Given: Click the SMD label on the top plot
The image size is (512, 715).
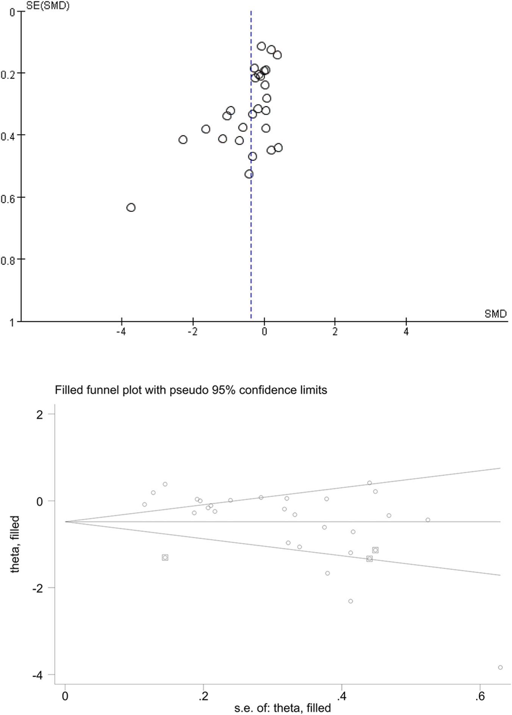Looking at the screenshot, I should coord(495,314).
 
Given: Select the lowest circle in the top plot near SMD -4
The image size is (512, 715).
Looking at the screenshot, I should coord(131,207).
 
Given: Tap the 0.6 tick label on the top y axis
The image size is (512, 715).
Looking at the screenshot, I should coord(8,198).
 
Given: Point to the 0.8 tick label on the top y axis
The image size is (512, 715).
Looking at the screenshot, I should coord(8,260).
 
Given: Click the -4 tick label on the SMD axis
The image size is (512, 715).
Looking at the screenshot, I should coord(121,332).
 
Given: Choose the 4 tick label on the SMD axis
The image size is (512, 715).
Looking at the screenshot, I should coord(406,332).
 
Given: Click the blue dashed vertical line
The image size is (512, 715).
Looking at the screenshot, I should coord(251,246).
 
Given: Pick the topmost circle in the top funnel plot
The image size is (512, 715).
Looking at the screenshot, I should coord(261,46).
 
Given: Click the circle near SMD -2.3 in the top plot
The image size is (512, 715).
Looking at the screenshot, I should coord(183,140).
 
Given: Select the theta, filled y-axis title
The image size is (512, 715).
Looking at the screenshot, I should coord(15,544).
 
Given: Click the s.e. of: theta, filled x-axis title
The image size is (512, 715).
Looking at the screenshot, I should coord(282,707).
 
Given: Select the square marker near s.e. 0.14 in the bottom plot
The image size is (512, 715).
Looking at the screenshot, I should coord(165,557).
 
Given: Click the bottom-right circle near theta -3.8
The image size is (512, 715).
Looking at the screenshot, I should coord(500,667).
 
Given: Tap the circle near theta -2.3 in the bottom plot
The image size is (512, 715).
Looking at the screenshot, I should coord(351,601).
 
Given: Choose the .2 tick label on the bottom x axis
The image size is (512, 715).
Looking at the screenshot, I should coord(203,697).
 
